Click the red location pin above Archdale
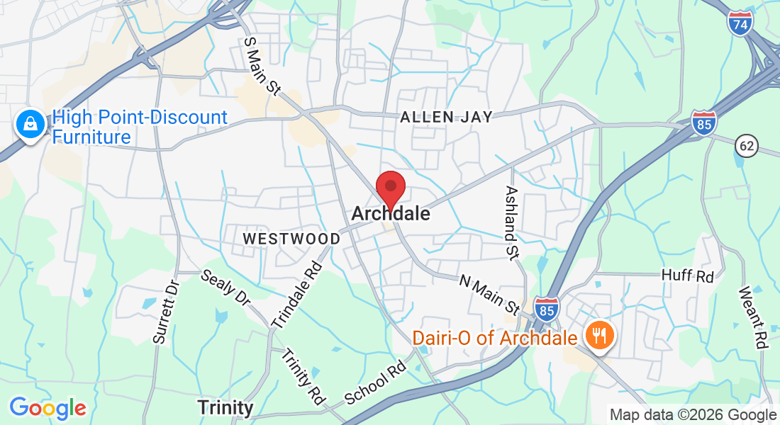coord(390,188)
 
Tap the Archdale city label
coord(391,213)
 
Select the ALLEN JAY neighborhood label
coord(446,118)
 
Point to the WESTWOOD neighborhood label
coord(291,239)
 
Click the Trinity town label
coord(225,408)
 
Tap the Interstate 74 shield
coord(740,23)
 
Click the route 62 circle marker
coord(747,147)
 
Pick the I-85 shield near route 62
coord(704,122)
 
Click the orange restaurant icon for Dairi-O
coord(600,335)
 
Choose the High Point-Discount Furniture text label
coord(140,127)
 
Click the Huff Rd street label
coord(687,276)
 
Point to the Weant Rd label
coord(753,317)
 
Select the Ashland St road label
coord(512,223)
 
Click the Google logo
coord(48,409)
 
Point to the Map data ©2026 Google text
coord(693,415)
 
